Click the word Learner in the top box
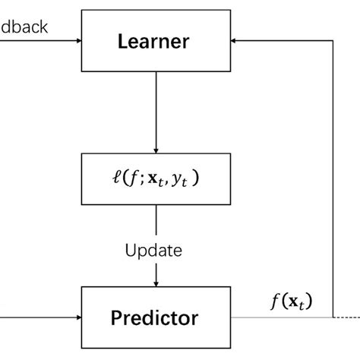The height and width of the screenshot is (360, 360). [155, 42]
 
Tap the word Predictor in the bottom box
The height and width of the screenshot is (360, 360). [156, 317]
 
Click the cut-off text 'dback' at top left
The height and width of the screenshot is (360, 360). [25, 27]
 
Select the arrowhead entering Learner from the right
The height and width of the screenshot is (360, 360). [236, 43]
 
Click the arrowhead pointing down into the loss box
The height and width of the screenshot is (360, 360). [156, 150]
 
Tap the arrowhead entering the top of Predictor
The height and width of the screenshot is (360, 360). [156, 282]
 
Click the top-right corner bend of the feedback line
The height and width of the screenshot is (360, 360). [333, 43]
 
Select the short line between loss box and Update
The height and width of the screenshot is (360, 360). [156, 220]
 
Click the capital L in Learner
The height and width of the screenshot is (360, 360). [122, 42]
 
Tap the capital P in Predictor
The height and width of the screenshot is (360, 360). [115, 317]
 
